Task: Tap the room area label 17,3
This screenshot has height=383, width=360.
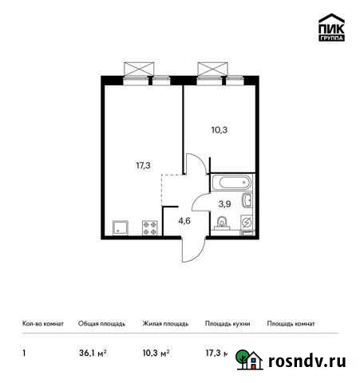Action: [x=143, y=166]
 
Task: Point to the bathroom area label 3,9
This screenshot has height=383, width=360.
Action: [x=225, y=204]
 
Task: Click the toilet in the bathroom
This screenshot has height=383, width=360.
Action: [x=222, y=226]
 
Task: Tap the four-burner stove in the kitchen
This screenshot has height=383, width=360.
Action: [x=149, y=227]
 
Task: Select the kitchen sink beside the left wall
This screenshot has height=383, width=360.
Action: [x=121, y=227]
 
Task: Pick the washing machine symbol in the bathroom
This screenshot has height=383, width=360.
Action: [x=246, y=223]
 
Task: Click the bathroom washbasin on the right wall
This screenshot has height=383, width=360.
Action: [x=248, y=201]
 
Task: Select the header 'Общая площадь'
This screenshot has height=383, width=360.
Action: [x=99, y=324]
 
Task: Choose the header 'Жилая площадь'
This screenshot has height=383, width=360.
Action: [x=164, y=324]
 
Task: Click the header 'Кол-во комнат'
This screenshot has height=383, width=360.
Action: [x=39, y=324]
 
